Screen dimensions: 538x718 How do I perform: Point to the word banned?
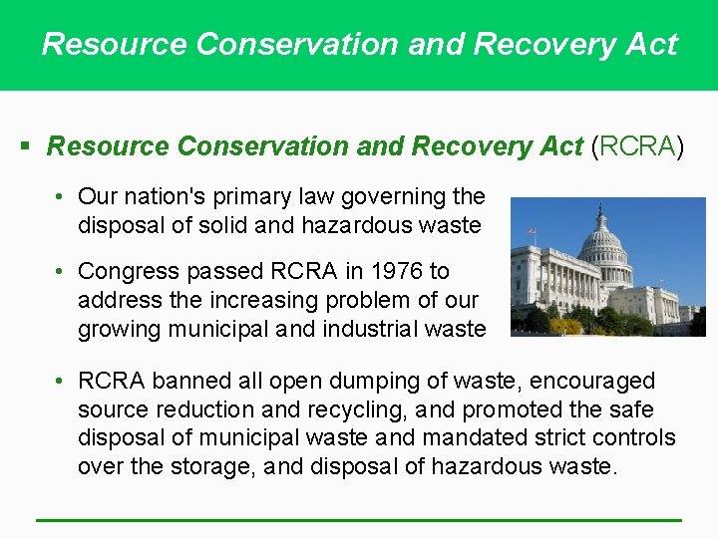click(x=186, y=381)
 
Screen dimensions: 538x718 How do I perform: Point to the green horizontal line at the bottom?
click(x=359, y=519)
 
